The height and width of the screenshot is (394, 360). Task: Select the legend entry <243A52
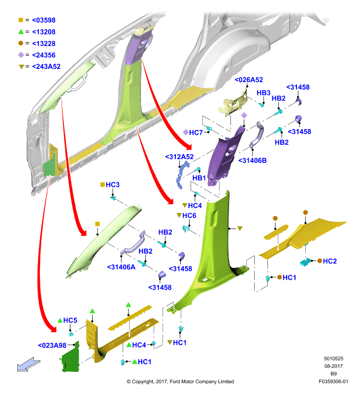(46, 66)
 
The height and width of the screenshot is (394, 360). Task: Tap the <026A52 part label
(249, 80)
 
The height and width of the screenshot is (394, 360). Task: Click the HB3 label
(263, 93)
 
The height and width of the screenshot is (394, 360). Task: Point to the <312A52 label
(179, 157)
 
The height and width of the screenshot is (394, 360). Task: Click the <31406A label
(121, 267)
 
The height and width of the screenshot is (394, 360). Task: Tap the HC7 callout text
(196, 132)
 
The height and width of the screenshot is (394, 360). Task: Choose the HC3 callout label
(112, 185)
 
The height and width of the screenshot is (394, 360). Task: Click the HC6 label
(189, 216)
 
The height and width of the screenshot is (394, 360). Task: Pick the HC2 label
(330, 261)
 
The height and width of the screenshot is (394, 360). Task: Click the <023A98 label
(52, 345)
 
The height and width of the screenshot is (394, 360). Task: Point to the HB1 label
(199, 178)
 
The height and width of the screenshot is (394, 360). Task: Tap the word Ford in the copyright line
(176, 382)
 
